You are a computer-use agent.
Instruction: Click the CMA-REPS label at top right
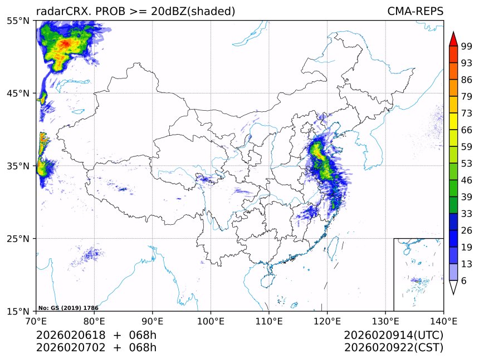pyautogui.click(x=415, y=11)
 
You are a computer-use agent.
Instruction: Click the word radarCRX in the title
pyautogui.click(x=58, y=11)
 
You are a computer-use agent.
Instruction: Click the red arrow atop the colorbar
pyautogui.click(x=453, y=39)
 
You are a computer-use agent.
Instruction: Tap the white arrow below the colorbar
pyautogui.click(x=453, y=287)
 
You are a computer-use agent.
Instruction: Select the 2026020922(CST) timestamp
pyautogui.click(x=393, y=348)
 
